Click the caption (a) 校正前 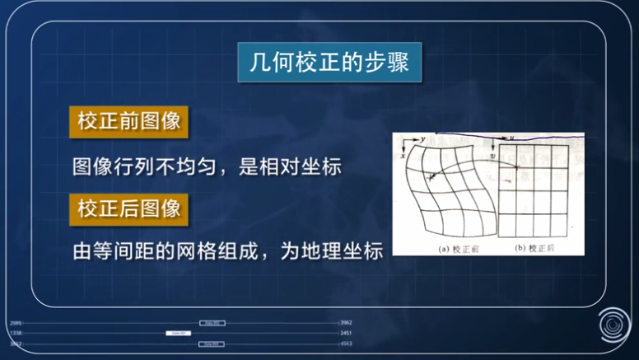tap(443, 246)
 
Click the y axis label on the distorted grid tap(422, 139)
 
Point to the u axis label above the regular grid tap(512, 138)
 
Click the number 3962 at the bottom tap(347, 322)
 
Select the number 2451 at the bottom tap(347, 333)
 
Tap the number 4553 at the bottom tap(347, 344)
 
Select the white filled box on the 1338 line tap(179, 333)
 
